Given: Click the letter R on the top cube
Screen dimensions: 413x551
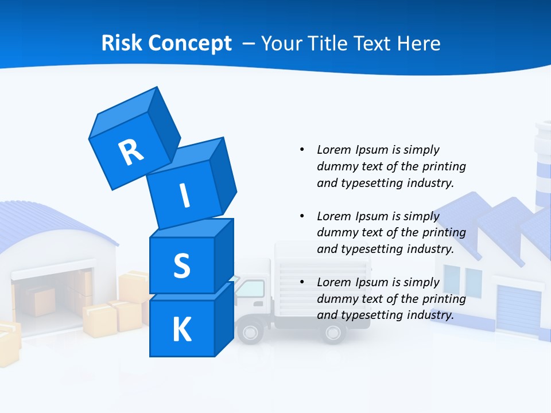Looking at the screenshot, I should (131, 152).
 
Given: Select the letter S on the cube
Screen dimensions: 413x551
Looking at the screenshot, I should (181, 266).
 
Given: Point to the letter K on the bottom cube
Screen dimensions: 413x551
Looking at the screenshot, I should (181, 330).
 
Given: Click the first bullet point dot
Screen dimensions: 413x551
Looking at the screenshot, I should (302, 150).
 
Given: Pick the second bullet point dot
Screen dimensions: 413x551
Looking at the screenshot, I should (302, 216).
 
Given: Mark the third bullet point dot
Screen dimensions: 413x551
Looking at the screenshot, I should (302, 282).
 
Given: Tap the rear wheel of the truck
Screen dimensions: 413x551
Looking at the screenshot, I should (333, 332).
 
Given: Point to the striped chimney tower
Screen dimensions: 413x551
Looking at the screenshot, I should (542, 166).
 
